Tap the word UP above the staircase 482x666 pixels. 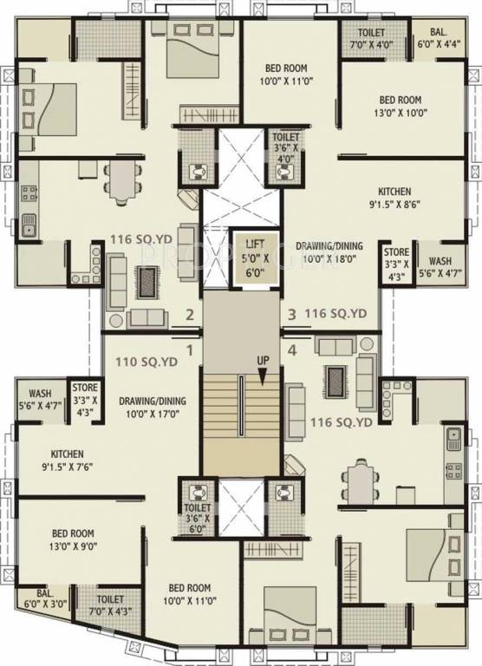[x=262, y=360]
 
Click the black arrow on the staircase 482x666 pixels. [x=262, y=375]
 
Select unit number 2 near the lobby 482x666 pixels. [x=189, y=315]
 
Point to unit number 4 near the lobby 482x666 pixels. [x=292, y=350]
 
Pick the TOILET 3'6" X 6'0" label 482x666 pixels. [x=197, y=517]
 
